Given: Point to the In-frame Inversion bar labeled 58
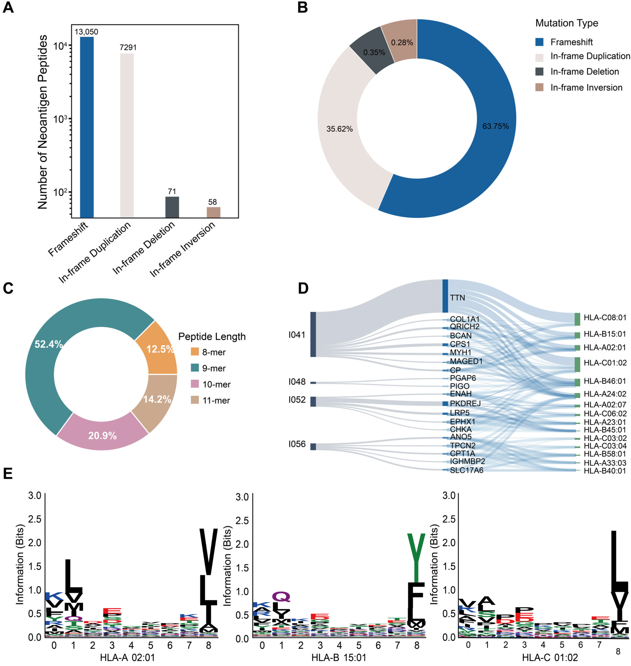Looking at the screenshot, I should [x=213, y=212].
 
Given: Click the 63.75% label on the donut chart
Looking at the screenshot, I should [x=495, y=126].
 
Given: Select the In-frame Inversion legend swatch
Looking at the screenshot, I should [x=539, y=88].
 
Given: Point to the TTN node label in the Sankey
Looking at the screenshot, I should [x=457, y=297].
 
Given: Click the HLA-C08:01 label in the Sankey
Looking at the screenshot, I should [x=605, y=317].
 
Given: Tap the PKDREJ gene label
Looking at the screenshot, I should [x=465, y=403].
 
